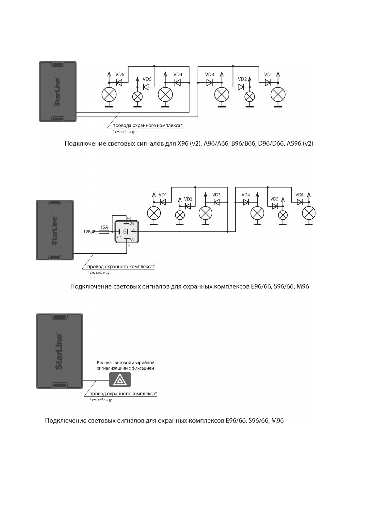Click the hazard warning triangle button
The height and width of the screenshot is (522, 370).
pos(120,379)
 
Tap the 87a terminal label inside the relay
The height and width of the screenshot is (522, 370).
pos(125,231)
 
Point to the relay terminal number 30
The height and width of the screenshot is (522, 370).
pos(133,229)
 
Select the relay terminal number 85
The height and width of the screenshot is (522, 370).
pos(132,223)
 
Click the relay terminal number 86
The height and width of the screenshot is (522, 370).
pos(132,239)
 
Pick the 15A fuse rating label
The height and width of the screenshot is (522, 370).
pos(104,227)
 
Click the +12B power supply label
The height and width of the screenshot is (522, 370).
pos(85,232)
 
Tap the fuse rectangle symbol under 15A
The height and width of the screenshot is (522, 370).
pos(104,232)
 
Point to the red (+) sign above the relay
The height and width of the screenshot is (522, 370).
pos(129,218)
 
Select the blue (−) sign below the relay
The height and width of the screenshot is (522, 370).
pos(129,245)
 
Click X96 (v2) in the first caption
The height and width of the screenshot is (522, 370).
pos(189,143)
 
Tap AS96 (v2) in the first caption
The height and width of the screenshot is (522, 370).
pos(300,143)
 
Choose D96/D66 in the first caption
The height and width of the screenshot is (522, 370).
pos(271,143)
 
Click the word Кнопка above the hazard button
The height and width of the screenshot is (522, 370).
pos(104,362)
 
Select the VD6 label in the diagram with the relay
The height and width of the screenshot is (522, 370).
pos(299,195)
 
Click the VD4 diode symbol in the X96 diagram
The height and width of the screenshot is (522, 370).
pos(178,82)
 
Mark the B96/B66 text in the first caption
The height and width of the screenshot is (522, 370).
pos(243,143)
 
